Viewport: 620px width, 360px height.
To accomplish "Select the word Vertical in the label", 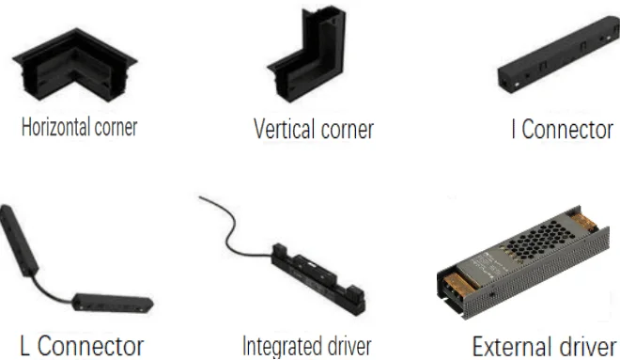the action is click(285, 129).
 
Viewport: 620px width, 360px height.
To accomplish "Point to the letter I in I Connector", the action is click(513, 129).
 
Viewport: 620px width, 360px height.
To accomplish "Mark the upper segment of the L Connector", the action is click(19, 240).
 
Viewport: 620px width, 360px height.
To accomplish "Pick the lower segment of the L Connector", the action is click(113, 304).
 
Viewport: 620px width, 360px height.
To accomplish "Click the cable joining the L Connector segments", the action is click(52, 291).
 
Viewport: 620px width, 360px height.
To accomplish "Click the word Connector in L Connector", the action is click(90, 346).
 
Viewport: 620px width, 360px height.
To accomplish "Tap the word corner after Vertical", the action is click(348, 130).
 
